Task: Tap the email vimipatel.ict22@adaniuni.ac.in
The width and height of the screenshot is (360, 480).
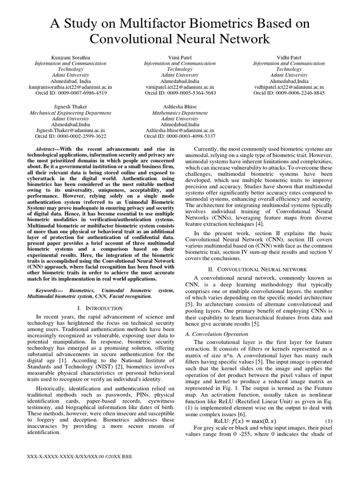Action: click(180, 87)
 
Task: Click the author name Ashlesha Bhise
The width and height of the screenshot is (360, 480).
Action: click(180, 107)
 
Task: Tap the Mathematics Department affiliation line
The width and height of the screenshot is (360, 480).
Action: click(180, 113)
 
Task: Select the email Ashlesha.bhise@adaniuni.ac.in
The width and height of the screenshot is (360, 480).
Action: click(180, 130)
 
